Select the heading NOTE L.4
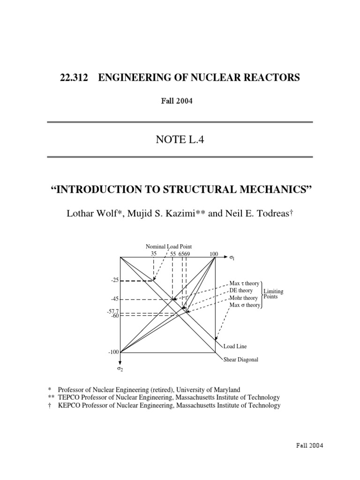pos(180,139)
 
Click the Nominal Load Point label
pos(169,247)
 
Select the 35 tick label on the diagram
pos(153,254)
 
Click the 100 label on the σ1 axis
pos(214,254)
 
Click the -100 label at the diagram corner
pos(114,352)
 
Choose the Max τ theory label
pos(244,284)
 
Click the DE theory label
pos(241,291)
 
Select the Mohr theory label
pos(243,298)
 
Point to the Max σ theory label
pos(245,305)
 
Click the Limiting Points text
pos(273,294)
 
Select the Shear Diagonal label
pos(240,360)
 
